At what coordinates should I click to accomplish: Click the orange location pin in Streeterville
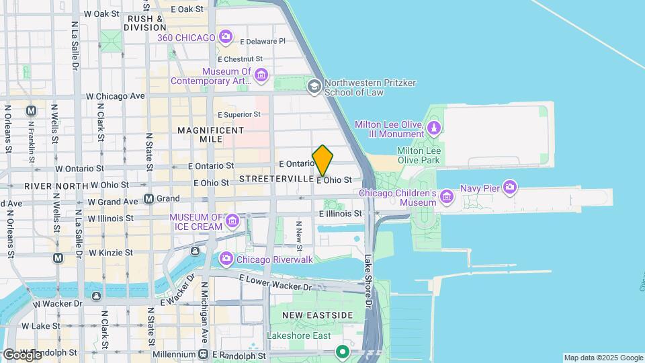(322, 161)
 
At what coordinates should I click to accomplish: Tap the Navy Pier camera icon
(510, 188)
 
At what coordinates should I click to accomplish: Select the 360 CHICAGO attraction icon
(226, 37)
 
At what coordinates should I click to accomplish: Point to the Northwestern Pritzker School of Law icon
(314, 87)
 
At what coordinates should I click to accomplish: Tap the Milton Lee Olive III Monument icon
(434, 126)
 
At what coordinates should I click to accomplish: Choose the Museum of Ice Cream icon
(232, 220)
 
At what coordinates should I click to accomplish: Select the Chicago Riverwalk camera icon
(226, 258)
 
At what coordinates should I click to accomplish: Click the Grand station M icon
(149, 199)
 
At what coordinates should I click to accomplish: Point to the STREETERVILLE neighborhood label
(276, 179)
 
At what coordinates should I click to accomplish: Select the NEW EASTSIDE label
(317, 315)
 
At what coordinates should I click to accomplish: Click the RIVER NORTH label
(56, 185)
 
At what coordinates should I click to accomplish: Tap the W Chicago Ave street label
(115, 96)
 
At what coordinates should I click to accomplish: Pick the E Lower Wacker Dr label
(276, 282)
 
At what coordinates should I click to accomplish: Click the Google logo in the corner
(21, 354)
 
